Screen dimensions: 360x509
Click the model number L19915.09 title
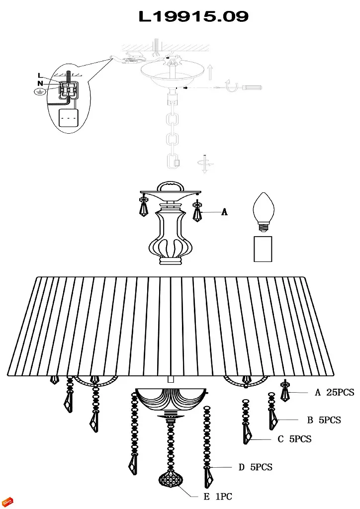(193, 16)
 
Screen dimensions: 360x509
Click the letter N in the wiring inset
(40, 84)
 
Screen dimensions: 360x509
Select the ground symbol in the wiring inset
(39, 92)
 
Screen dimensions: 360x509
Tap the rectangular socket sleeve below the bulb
(263, 249)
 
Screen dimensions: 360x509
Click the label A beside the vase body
(224, 212)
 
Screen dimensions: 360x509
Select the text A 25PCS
(334, 393)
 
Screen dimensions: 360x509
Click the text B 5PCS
(324, 420)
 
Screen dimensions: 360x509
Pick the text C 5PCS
(294, 439)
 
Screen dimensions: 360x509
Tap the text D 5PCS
(256, 467)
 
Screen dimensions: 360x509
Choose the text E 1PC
(218, 497)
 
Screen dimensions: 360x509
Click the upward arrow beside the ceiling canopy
(210, 73)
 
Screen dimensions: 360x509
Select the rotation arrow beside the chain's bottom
(205, 164)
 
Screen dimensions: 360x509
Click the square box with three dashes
(69, 118)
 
